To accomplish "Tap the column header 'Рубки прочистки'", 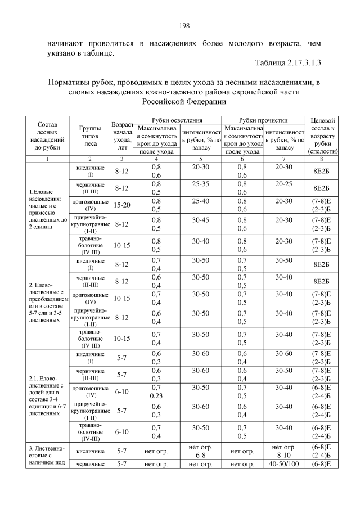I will click(x=263, y=120).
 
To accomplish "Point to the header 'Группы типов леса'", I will click(x=90, y=136).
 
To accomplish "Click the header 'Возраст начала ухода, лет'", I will click(x=122, y=136).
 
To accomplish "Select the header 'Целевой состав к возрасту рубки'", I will click(x=322, y=136).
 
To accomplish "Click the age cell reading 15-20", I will click(x=122, y=205).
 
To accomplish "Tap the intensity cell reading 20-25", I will click(x=284, y=184).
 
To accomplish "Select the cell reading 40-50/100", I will click(x=284, y=463).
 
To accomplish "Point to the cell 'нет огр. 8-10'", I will click(x=284, y=450).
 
